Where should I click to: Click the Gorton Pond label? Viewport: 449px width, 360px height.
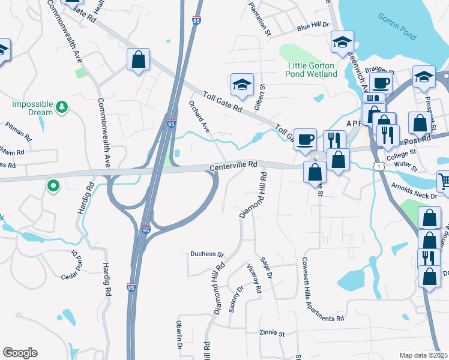pyautogui.click(x=397, y=27)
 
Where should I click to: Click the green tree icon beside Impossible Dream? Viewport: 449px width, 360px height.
pyautogui.click(x=61, y=107)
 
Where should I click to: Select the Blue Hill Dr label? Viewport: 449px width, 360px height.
pyautogui.click(x=312, y=26)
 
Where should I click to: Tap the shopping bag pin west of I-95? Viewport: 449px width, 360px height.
pyautogui.click(x=138, y=59)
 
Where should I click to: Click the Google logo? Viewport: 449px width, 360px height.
pyautogui.click(x=20, y=353)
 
